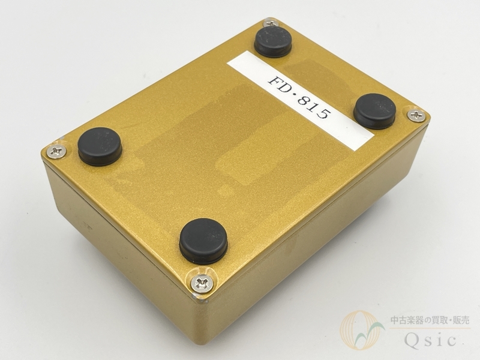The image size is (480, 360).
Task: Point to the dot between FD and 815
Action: (x=296, y=92)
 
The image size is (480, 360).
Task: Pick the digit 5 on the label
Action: (x=323, y=113)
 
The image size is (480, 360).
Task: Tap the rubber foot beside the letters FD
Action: (x=273, y=41)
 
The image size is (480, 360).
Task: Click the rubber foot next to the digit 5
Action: (x=374, y=111)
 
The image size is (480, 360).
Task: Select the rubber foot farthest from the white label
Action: (x=100, y=146)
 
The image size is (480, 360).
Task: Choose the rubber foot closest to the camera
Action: (x=203, y=241)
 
